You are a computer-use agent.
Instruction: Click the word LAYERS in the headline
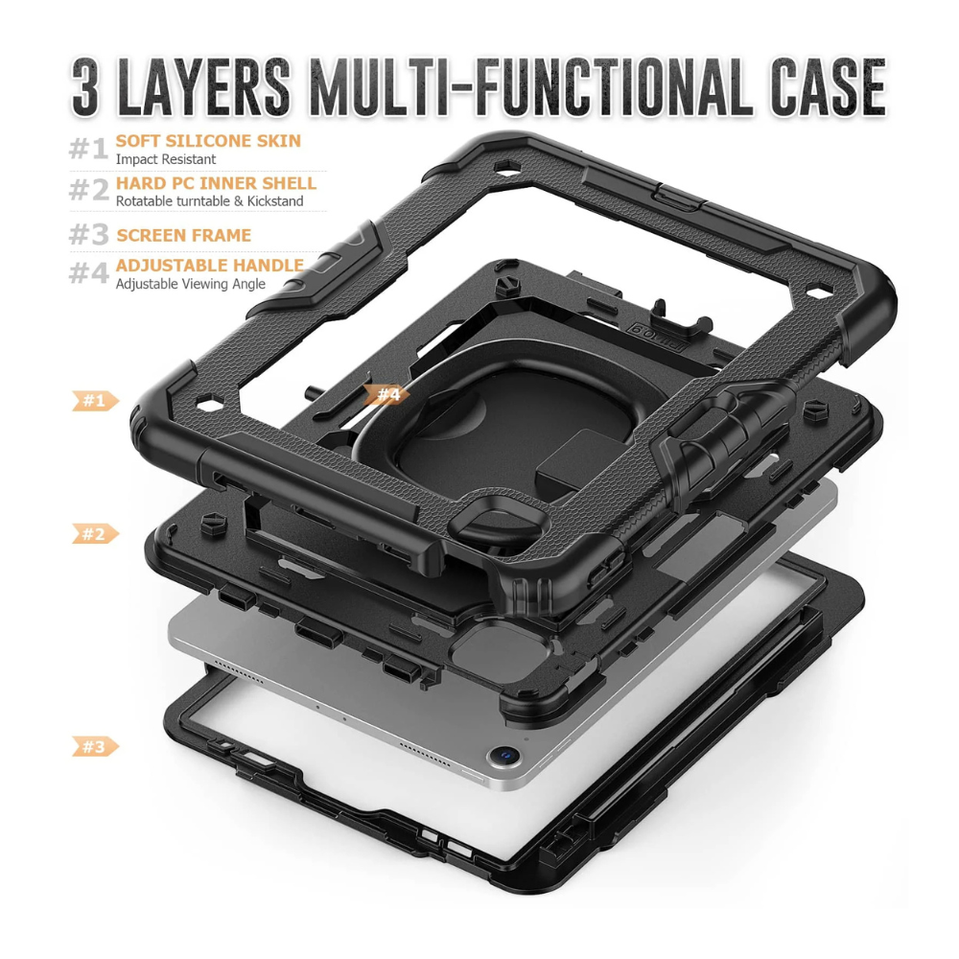pos(203,87)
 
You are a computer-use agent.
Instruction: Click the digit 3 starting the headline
pos(85,87)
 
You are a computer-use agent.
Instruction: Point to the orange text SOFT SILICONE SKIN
pos(208,141)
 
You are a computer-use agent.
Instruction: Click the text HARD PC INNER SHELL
pos(216,183)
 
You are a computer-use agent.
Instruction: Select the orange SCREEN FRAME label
pos(183,235)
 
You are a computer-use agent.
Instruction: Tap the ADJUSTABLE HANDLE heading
pos(210,265)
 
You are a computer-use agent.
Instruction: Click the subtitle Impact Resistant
pos(166,159)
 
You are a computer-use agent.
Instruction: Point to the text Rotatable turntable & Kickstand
pos(209,200)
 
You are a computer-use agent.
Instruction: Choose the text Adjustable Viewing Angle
pos(190,284)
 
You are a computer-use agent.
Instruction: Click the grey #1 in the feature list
pos(88,149)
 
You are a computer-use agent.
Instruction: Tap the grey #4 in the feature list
pos(88,272)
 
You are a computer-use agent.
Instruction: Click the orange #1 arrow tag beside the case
pos(95,401)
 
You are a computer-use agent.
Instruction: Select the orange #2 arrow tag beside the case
pos(95,534)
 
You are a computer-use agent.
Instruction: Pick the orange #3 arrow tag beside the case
pos(95,746)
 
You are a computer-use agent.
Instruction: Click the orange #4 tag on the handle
pos(387,394)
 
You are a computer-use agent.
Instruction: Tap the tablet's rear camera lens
pos(505,756)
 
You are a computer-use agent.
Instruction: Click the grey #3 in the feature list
pos(88,234)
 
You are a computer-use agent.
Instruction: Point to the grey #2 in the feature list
pos(88,190)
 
